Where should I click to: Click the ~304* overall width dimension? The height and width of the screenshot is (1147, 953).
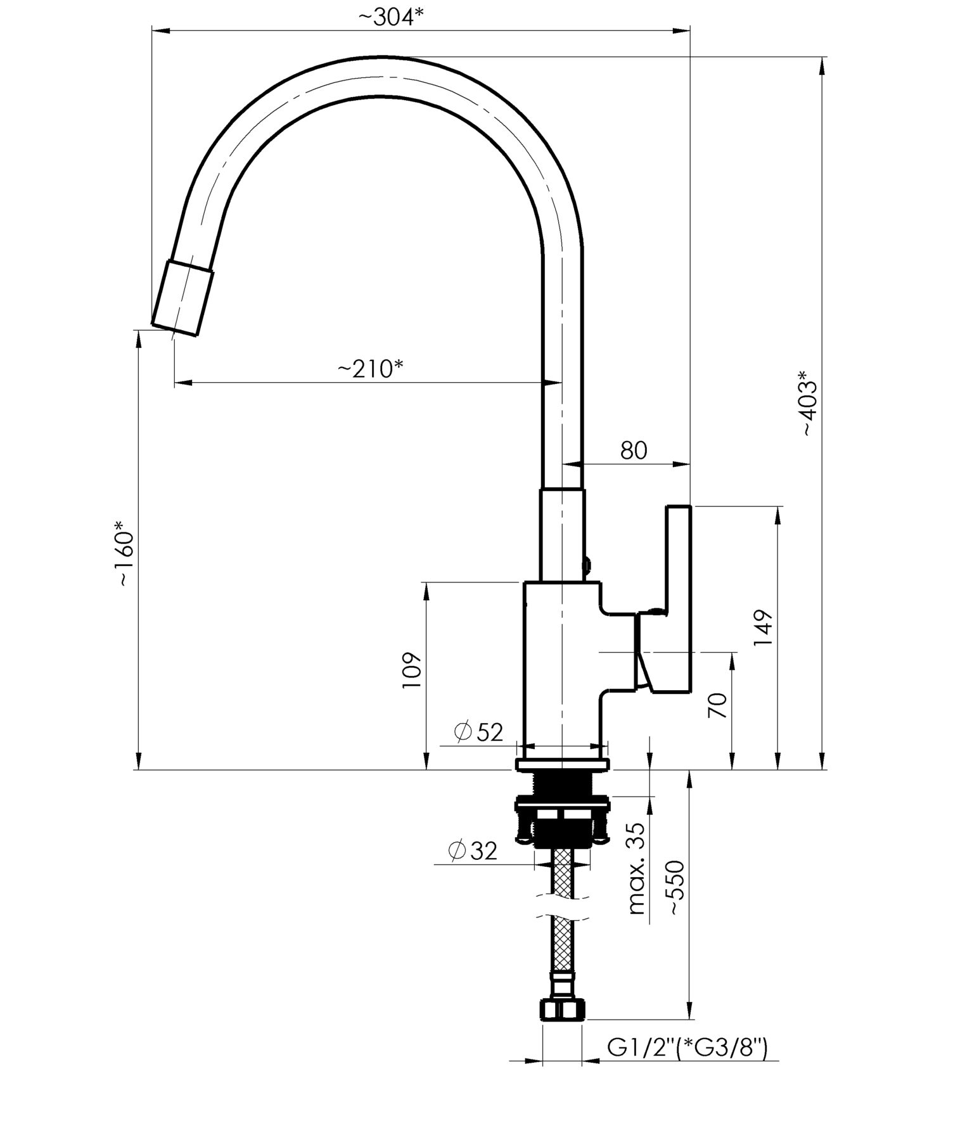390,17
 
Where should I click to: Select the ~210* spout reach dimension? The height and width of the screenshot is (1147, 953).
370,368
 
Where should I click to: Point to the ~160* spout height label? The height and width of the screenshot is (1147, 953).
125,553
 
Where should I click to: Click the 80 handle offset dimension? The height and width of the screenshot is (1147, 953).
634,450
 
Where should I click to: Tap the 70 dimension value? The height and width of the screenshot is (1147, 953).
717,705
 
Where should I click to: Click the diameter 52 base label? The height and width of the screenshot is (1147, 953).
478,732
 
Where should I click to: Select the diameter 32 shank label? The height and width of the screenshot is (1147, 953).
473,850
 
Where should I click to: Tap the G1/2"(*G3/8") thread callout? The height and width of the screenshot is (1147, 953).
688,1048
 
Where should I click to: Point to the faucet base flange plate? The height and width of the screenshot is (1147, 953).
563,764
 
